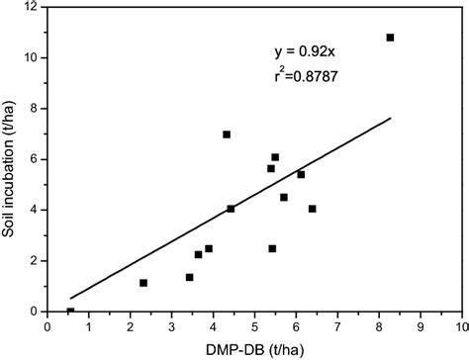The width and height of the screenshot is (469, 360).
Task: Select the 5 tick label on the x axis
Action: (254, 324)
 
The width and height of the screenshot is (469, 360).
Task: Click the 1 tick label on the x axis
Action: (88, 324)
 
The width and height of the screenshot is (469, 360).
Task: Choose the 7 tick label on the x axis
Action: (337, 324)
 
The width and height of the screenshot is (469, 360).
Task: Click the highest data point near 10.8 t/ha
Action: (390, 38)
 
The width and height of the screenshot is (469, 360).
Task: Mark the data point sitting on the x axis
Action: (70, 312)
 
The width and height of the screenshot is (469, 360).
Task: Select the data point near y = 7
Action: (227, 135)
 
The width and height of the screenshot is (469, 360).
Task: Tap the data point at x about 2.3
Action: (143, 283)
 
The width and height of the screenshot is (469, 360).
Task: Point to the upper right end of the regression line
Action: (392, 118)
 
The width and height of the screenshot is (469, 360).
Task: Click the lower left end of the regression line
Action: (70, 298)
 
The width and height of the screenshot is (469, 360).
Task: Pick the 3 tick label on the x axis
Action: (171, 324)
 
